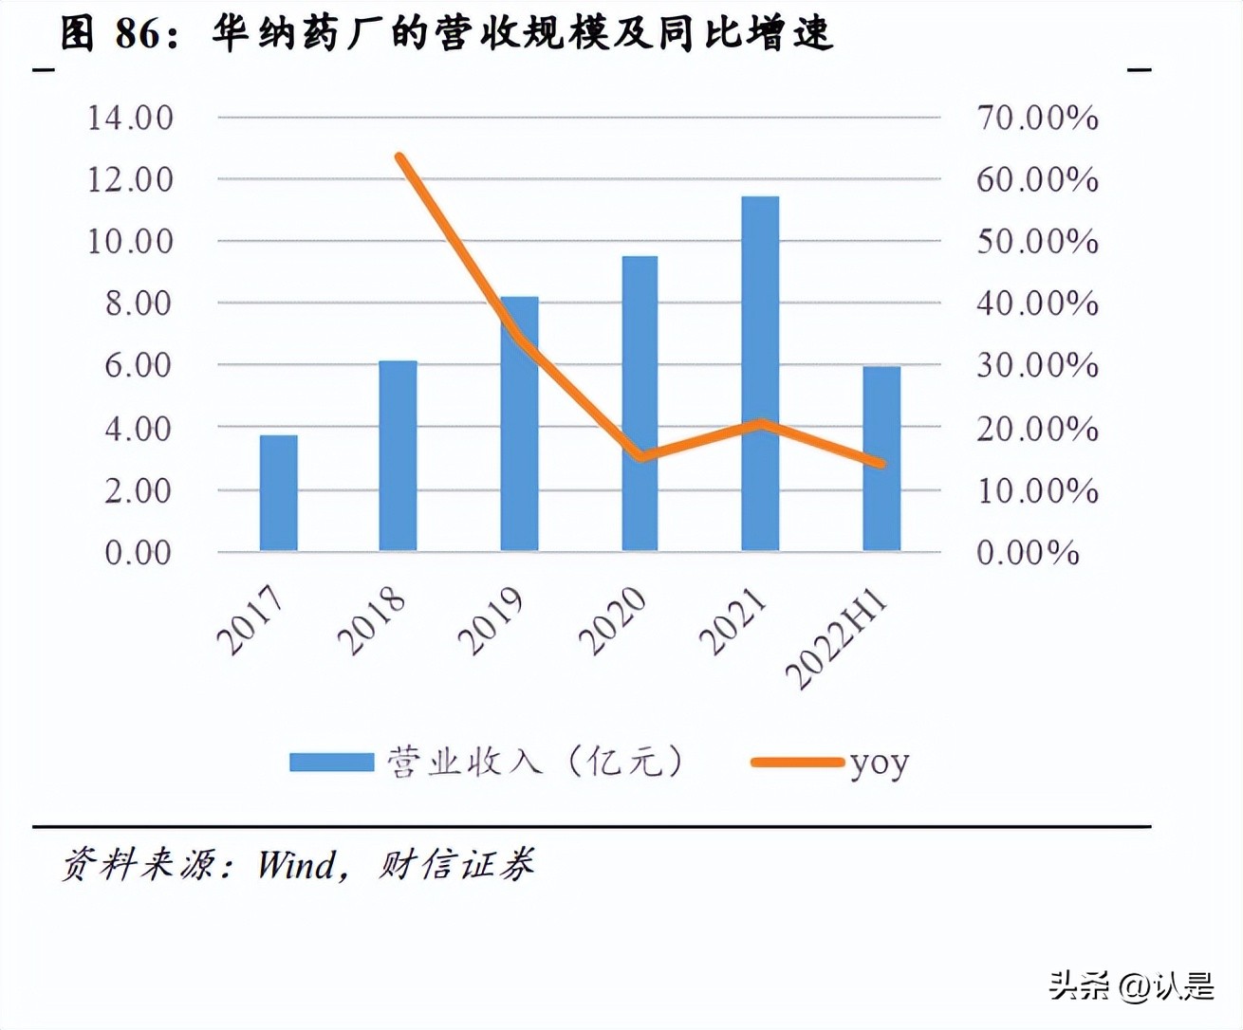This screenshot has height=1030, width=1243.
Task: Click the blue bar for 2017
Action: point(278,492)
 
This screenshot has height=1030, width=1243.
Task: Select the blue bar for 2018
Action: point(398,455)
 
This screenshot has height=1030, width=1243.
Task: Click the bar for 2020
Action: point(640,403)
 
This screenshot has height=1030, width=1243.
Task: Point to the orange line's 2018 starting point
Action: point(400,157)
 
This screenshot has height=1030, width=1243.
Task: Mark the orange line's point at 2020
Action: point(641,457)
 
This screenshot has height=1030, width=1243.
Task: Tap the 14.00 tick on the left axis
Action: point(130,118)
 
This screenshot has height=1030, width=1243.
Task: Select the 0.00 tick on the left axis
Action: point(138,552)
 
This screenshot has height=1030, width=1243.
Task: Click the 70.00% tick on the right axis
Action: point(1037,118)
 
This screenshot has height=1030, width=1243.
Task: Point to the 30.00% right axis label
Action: point(1037,365)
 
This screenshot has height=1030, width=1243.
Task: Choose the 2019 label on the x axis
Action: point(491,621)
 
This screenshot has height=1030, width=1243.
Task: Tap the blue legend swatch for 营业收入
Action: point(331,762)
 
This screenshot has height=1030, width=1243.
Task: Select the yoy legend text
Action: point(879,763)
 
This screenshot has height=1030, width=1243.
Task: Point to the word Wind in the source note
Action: point(296,865)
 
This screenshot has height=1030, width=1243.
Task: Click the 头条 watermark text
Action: point(1079,985)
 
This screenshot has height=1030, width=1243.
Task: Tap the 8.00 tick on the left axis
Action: point(138,303)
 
